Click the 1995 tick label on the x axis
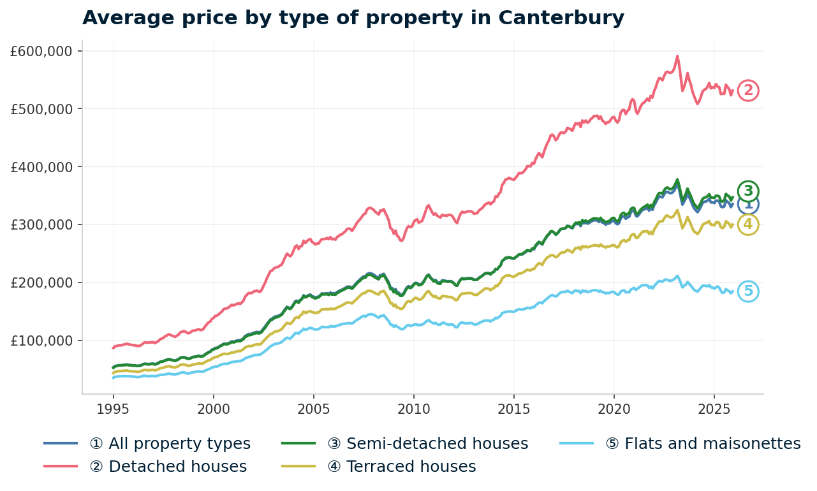(x=113, y=408)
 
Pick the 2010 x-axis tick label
(x=413, y=408)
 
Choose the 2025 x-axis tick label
(x=714, y=408)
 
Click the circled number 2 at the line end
(x=748, y=91)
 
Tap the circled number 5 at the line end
(x=748, y=291)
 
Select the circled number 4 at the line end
(x=748, y=224)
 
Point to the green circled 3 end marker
(x=748, y=191)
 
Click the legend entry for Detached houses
(x=168, y=467)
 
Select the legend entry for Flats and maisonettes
(x=702, y=444)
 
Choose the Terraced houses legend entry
(x=401, y=467)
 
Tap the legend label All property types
(x=170, y=444)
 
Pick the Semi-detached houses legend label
(x=427, y=444)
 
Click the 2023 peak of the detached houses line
(x=677, y=55)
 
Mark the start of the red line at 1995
(x=113, y=348)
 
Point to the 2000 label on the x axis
(x=213, y=408)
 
